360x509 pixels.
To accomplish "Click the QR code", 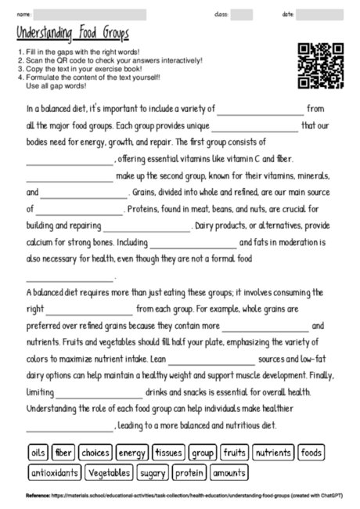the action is [322, 65].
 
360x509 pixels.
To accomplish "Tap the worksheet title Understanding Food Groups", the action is [72, 34].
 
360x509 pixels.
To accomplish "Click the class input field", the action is [242, 14].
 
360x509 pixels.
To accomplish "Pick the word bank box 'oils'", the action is [38, 453].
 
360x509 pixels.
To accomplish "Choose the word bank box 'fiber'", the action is [64, 453].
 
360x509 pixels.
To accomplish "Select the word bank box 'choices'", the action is [95, 453].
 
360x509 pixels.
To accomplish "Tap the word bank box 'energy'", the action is [132, 453].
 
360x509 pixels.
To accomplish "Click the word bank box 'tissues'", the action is [169, 453].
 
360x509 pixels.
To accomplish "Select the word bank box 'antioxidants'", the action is [55, 473].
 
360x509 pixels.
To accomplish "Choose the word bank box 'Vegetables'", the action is [110, 473].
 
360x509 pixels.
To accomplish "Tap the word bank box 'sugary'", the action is [153, 473].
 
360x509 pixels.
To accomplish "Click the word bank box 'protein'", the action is [189, 473].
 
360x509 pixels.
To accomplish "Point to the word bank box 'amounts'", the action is [229, 473].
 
